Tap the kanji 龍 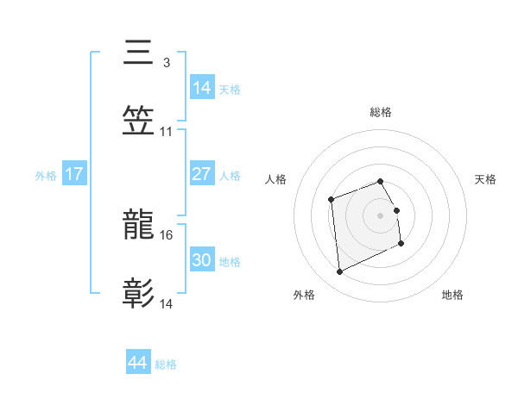[x=139, y=226]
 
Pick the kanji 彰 [x=139, y=294]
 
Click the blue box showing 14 [x=202, y=88]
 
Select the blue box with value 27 [x=202, y=175]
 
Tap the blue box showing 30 [x=202, y=261]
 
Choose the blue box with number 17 [x=74, y=175]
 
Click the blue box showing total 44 [x=138, y=364]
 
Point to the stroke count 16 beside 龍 [x=167, y=234]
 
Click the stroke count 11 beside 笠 [x=167, y=131]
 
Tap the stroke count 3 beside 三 [x=167, y=62]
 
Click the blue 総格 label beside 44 [x=166, y=364]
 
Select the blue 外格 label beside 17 [x=45, y=176]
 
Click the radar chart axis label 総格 [x=381, y=112]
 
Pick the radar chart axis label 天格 [x=486, y=179]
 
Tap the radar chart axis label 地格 [x=452, y=295]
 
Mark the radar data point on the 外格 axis [x=339, y=272]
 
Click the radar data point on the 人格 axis [x=331, y=200]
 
